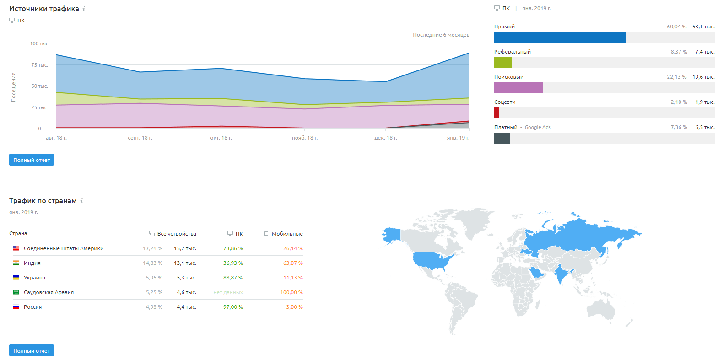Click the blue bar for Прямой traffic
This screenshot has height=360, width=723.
click(560, 38)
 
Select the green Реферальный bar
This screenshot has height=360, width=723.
click(503, 63)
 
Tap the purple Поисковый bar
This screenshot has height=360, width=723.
click(518, 88)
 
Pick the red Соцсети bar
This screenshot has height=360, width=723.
click(496, 113)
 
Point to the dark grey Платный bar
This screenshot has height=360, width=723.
click(502, 138)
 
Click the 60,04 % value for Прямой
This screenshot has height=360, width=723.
click(676, 27)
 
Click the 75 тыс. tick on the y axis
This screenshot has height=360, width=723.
click(39, 65)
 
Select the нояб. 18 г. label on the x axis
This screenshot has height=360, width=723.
click(305, 138)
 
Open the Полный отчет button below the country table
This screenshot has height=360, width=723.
click(31, 351)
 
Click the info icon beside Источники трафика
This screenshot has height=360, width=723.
click(84, 9)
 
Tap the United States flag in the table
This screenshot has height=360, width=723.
click(16, 248)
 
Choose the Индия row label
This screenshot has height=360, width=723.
click(32, 263)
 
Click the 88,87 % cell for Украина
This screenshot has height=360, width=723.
click(233, 277)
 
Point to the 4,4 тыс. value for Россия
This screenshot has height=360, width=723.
click(187, 307)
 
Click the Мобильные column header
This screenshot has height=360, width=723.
click(287, 234)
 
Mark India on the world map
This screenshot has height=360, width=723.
click(561, 273)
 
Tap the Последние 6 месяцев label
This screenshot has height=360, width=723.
click(441, 35)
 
